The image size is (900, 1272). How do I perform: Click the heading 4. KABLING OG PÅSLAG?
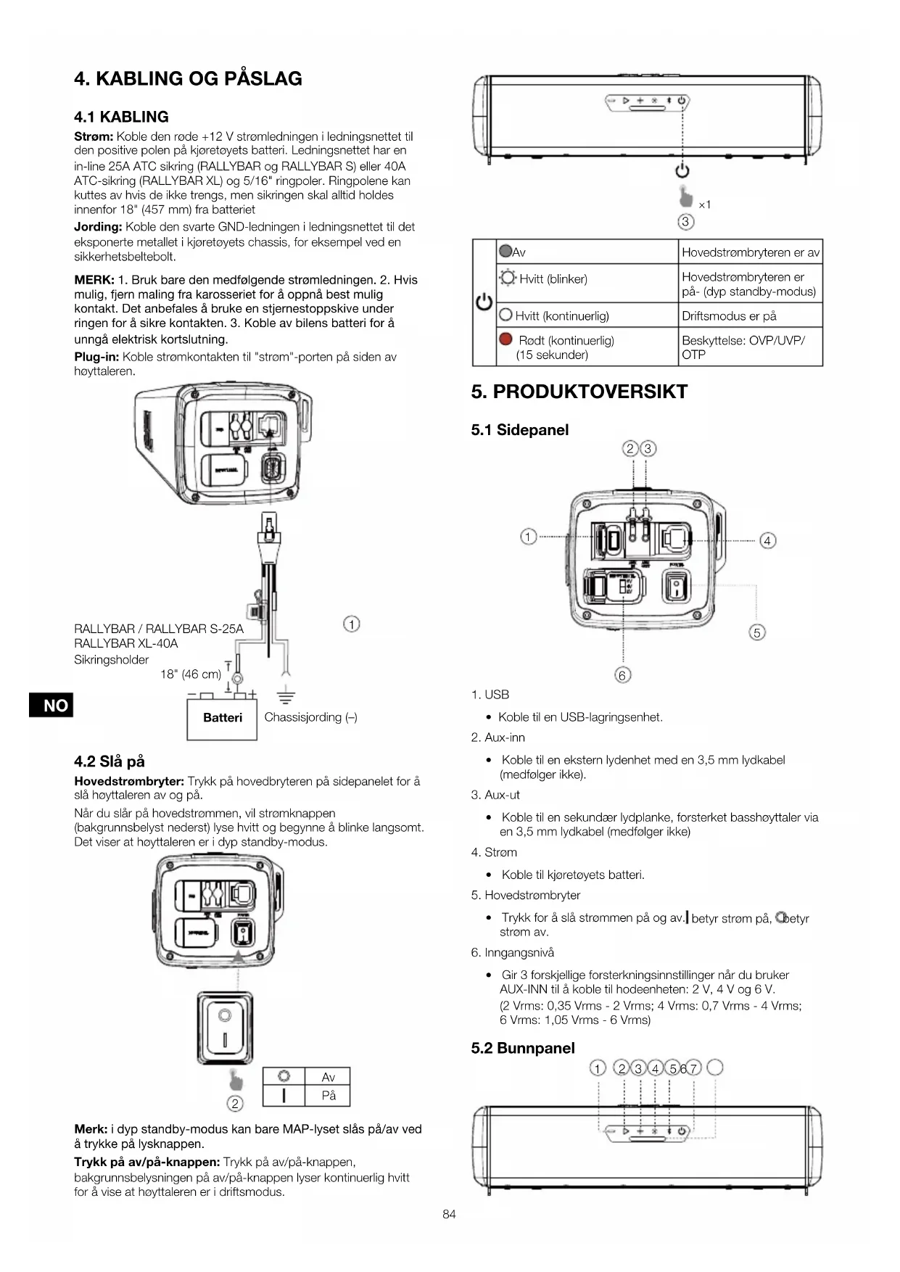click(x=188, y=78)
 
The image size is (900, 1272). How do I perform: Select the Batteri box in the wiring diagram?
click(x=222, y=718)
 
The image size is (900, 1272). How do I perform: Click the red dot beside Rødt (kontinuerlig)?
click(x=506, y=339)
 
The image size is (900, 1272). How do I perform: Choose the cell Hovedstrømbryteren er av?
click(x=750, y=252)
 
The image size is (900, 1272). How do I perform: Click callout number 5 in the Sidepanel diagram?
click(x=756, y=632)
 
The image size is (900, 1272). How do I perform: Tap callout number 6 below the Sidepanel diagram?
click(x=622, y=675)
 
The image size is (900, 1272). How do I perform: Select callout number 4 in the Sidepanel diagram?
click(x=767, y=540)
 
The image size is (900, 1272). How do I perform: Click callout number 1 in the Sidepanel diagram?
click(x=528, y=537)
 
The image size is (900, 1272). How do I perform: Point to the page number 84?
click(x=449, y=1214)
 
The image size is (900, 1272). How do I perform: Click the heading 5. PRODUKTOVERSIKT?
click(x=579, y=392)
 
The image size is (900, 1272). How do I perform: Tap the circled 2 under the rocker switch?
click(x=235, y=1104)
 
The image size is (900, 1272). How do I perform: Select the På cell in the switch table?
click(x=329, y=1095)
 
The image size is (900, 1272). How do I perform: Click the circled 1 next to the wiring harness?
click(x=351, y=624)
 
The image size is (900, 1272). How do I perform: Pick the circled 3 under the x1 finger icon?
click(x=685, y=222)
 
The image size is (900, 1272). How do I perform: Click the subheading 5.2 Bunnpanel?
click(x=522, y=1048)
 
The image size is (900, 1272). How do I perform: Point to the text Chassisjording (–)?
click(x=310, y=717)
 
